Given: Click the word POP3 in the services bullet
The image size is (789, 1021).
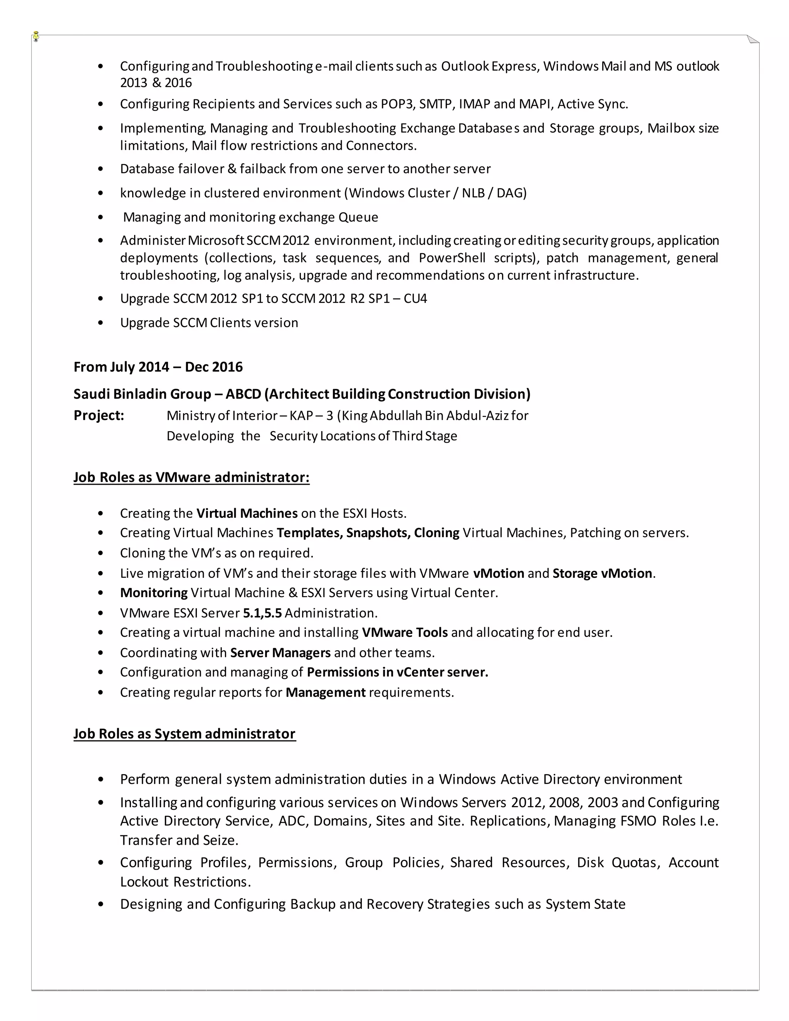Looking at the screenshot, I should (x=397, y=104).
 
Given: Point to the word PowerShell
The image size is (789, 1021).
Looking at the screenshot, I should (x=452, y=258).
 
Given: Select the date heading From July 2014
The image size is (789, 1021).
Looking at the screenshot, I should (x=158, y=367).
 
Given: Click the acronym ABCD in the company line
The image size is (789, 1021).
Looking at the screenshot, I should (x=243, y=394).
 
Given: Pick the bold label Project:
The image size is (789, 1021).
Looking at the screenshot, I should (x=99, y=416).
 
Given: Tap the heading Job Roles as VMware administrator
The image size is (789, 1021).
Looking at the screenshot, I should (x=191, y=477).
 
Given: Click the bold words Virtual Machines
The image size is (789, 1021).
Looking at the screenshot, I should (x=247, y=513).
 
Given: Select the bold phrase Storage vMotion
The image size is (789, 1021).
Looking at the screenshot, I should (x=602, y=574).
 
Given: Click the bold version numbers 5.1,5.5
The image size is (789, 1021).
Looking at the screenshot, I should (x=262, y=613).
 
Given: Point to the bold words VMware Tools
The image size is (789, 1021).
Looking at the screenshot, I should (x=405, y=633).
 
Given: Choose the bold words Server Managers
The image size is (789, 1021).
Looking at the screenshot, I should (x=280, y=653).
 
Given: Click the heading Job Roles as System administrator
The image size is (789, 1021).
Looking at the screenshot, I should (x=185, y=734).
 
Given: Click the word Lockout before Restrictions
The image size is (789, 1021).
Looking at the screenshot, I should (x=144, y=882).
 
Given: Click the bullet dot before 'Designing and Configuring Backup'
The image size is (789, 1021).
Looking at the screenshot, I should (x=101, y=905).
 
